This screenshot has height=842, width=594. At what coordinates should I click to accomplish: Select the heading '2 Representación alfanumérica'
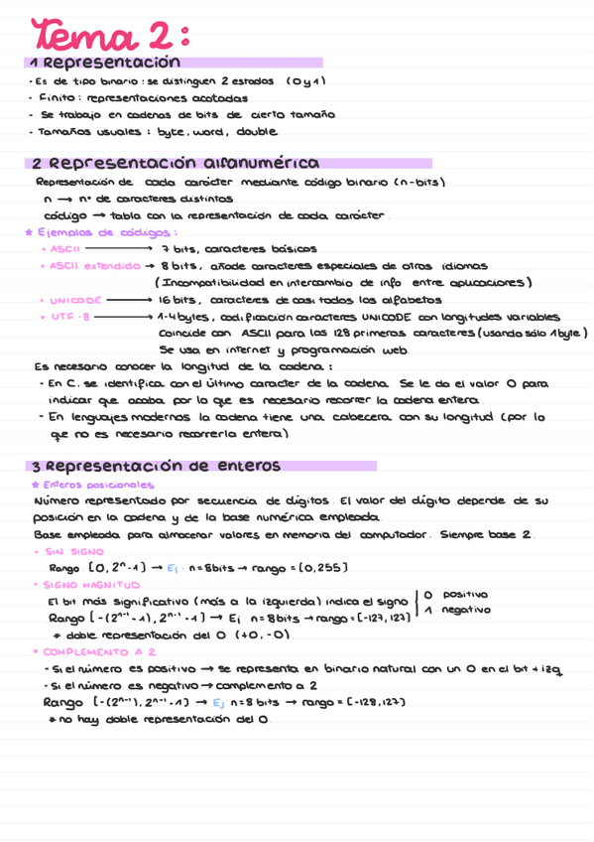(175, 163)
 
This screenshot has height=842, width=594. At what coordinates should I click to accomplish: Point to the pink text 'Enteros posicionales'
(94, 486)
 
